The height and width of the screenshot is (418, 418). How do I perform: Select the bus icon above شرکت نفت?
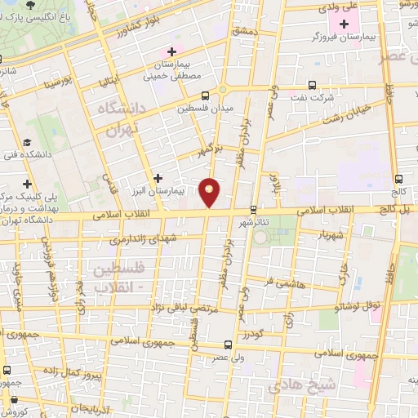pyautogui.click(x=313, y=85)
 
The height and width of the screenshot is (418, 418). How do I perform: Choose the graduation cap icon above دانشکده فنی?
pyautogui.click(x=28, y=141)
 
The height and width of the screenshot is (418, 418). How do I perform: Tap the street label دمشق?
pyautogui.click(x=245, y=30)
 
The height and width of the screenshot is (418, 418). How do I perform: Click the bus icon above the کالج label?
pyautogui.click(x=398, y=180)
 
